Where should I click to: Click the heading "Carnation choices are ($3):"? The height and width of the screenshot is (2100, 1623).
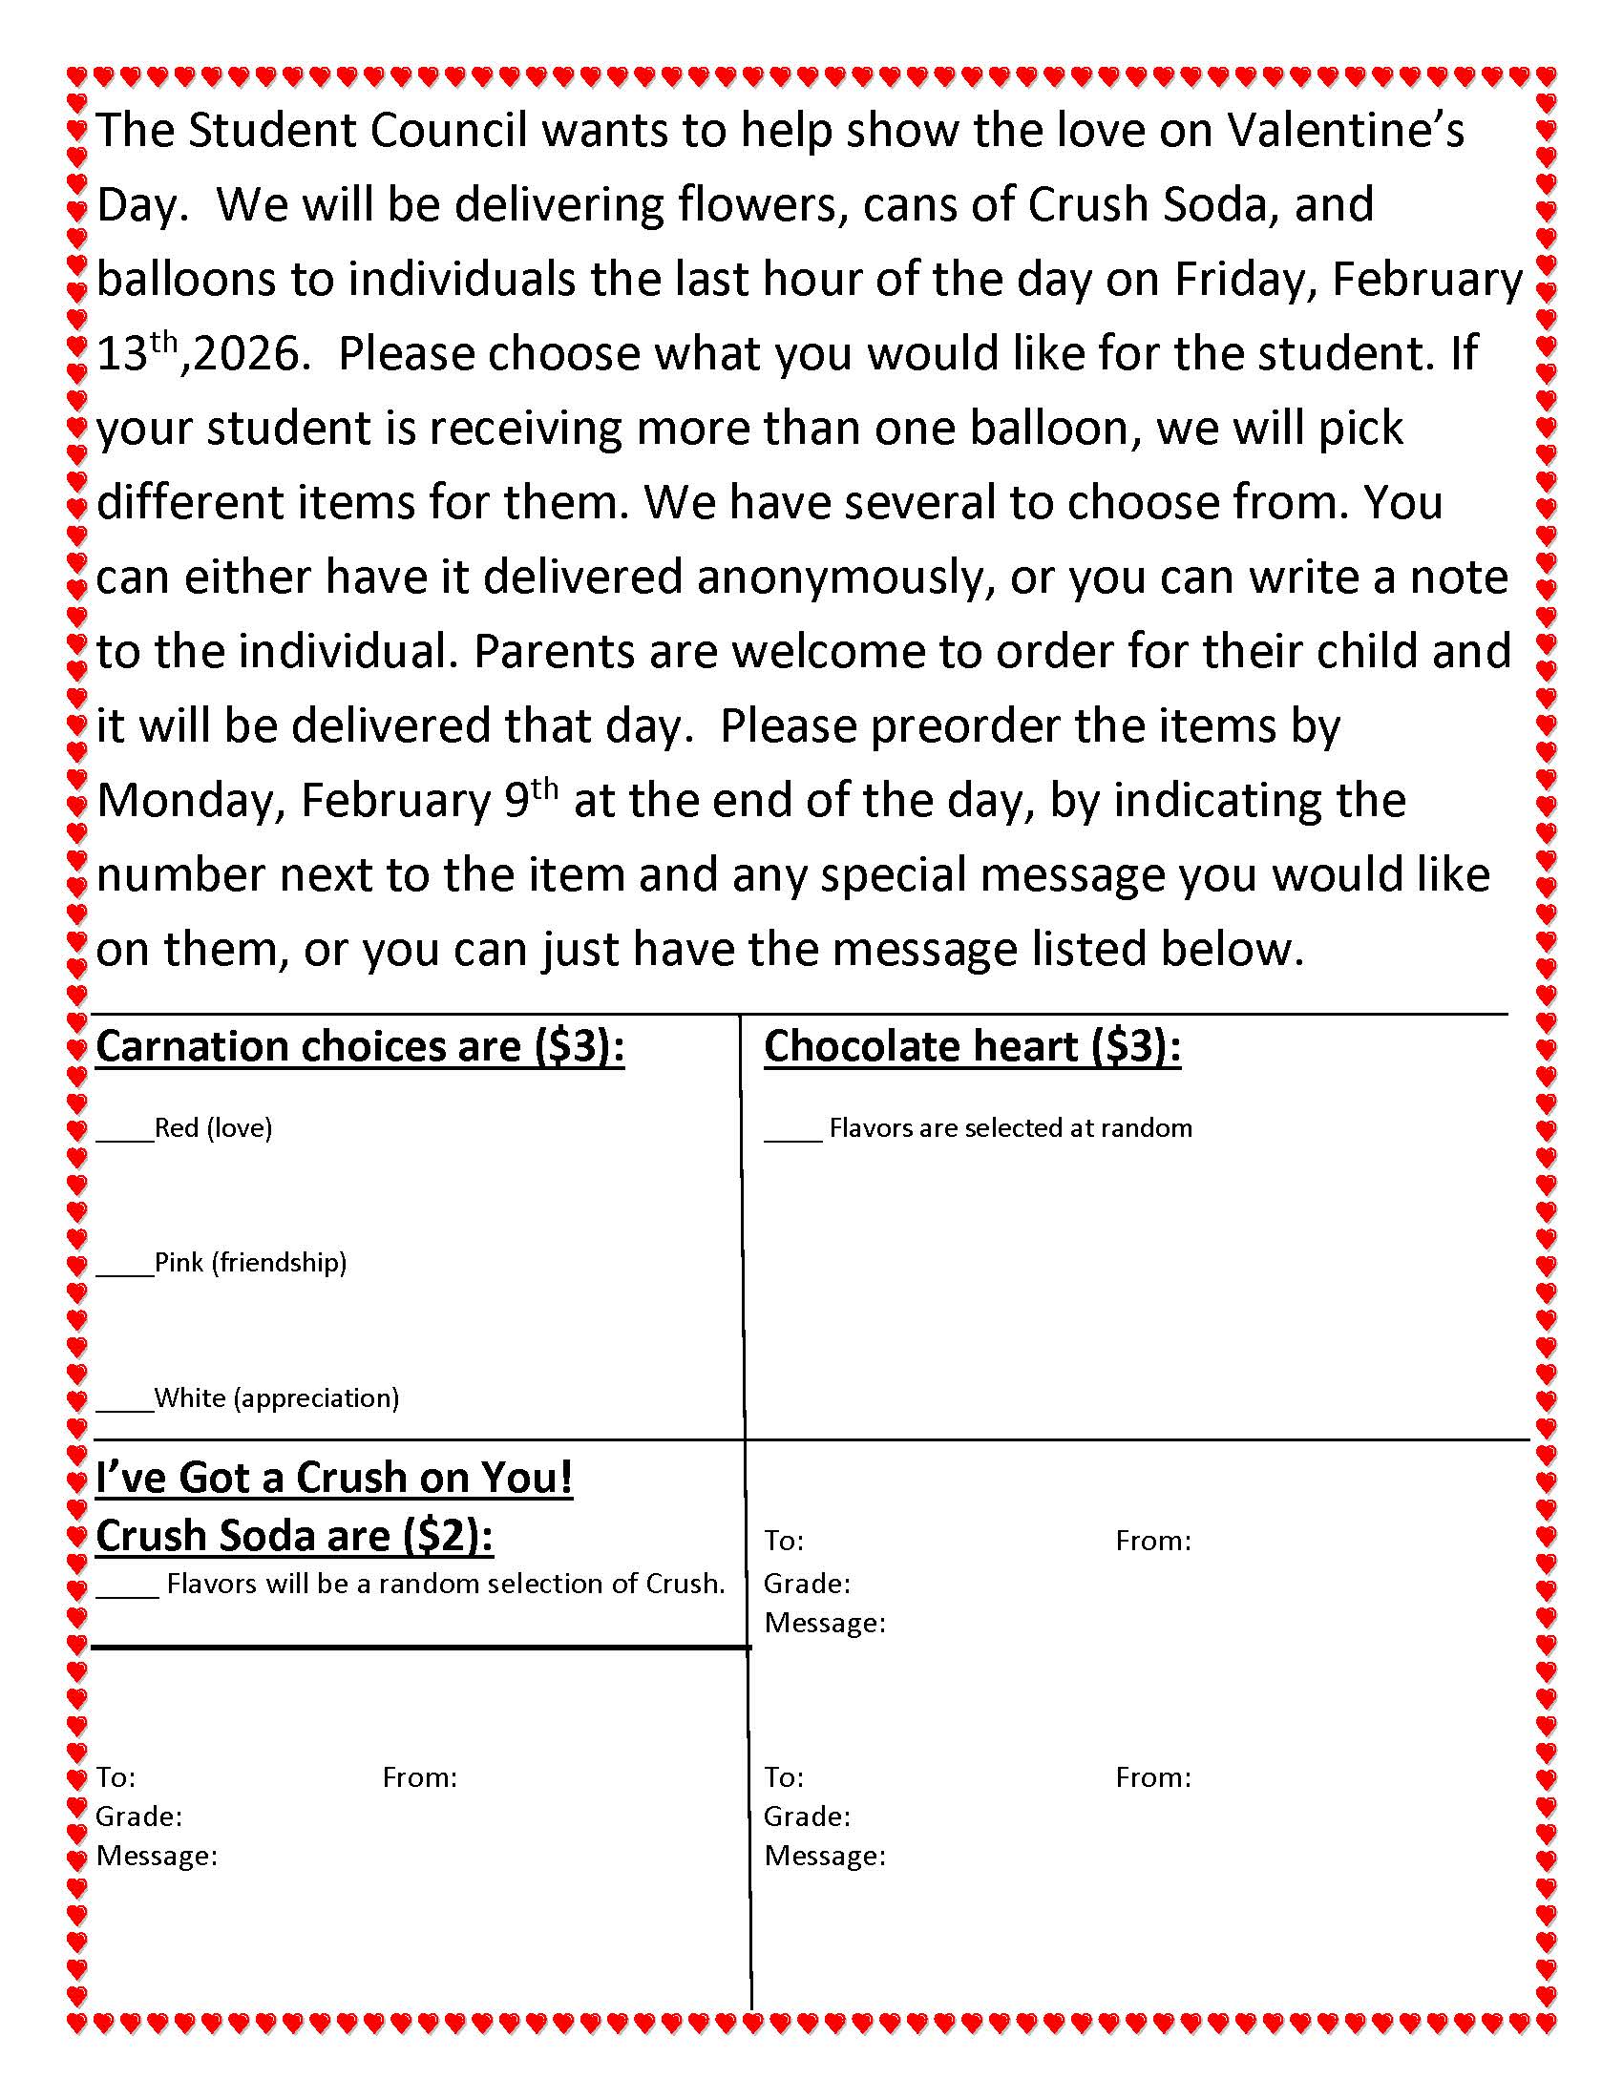pyautogui.click(x=360, y=1046)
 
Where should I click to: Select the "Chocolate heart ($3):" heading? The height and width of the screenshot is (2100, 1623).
pyautogui.click(x=972, y=1046)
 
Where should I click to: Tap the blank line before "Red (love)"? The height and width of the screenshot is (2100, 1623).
pyautogui.click(x=124, y=1131)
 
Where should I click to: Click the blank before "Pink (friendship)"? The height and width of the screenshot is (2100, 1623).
pyautogui.click(x=124, y=1266)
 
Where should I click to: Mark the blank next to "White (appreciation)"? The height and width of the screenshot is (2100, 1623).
pyautogui.click(x=124, y=1401)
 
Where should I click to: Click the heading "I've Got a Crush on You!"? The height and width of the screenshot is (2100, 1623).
pyautogui.click(x=333, y=1478)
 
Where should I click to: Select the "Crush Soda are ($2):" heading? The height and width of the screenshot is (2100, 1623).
pyautogui.click(x=294, y=1536)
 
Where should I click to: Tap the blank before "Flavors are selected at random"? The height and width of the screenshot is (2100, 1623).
pyautogui.click(x=792, y=1131)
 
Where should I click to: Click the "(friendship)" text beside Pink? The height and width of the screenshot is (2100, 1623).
pyautogui.click(x=279, y=1263)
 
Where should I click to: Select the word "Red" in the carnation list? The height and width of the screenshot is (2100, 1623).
pyautogui.click(x=176, y=1127)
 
